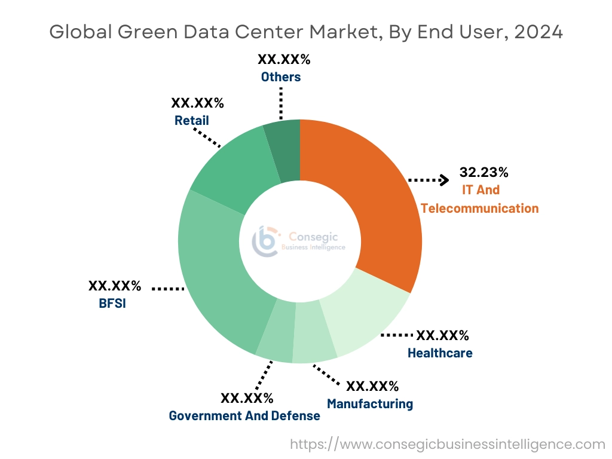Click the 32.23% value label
pos(484,173)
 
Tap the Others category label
pos(281,76)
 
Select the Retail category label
pos(192,120)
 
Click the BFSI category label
pos(113,303)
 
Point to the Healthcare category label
pos(440,353)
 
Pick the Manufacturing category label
pos(370,403)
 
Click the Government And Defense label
pos(244,415)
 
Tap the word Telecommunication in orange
pos(479,208)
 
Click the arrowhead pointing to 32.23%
pos(445,179)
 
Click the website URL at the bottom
pos(448,444)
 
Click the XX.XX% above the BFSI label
pos(115,286)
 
